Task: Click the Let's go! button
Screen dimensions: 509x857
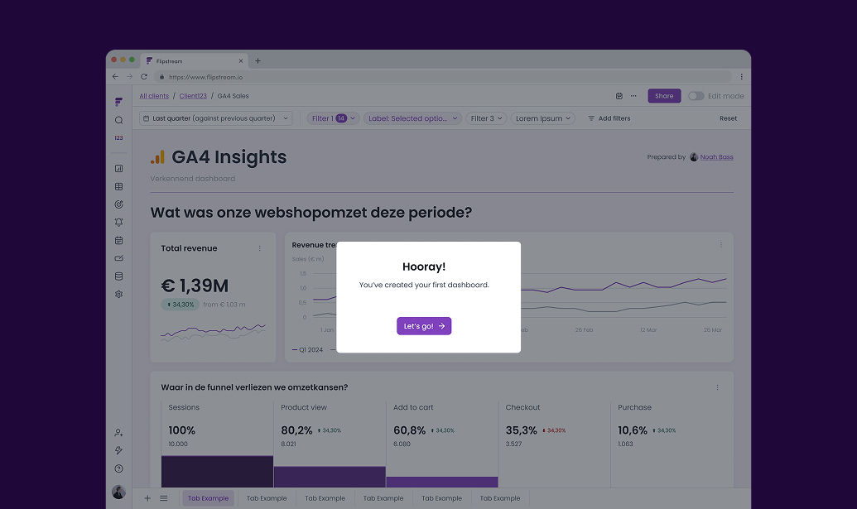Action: (x=424, y=326)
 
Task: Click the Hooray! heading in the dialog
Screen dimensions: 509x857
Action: (x=424, y=267)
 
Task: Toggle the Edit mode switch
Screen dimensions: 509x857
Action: (x=696, y=96)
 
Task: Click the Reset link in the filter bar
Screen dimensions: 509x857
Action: (x=728, y=118)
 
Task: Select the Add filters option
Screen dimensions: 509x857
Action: (x=609, y=118)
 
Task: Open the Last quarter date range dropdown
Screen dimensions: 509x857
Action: (x=216, y=118)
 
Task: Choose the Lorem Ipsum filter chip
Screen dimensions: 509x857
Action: (x=543, y=118)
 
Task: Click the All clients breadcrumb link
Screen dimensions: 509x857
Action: (x=154, y=96)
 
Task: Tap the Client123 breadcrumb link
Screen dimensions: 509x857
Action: (x=193, y=96)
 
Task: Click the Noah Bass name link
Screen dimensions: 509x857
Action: (x=717, y=157)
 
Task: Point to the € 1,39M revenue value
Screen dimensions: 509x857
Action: (x=195, y=286)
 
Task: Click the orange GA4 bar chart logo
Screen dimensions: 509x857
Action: (x=157, y=157)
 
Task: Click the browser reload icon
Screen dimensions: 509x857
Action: (x=144, y=76)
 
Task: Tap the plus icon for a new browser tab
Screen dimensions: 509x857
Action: (x=258, y=60)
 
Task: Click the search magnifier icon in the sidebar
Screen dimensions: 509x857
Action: (x=119, y=120)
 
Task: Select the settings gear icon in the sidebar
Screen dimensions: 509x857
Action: (x=119, y=294)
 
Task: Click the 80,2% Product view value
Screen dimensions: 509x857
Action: (x=296, y=430)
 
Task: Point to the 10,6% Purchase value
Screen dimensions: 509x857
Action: (x=633, y=430)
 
